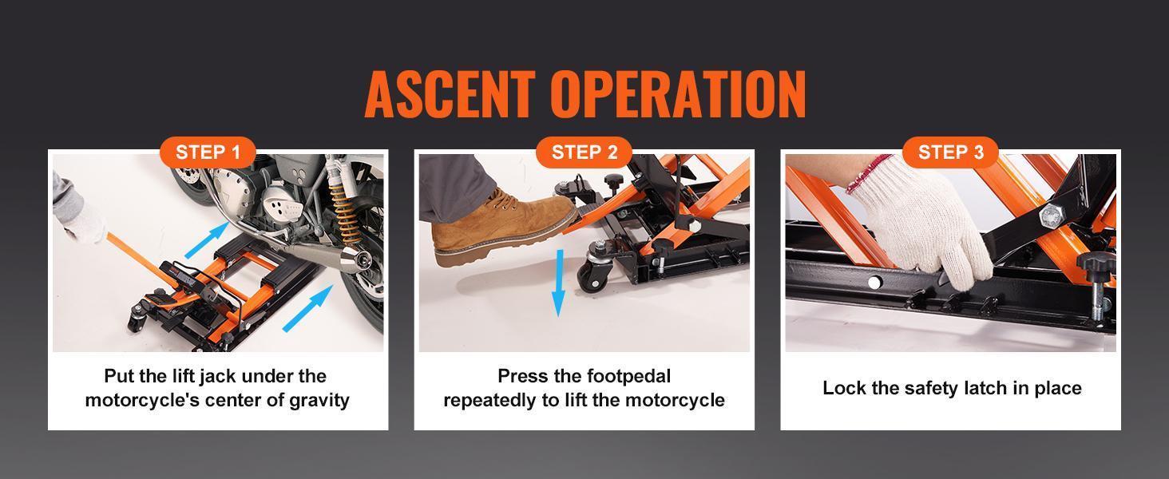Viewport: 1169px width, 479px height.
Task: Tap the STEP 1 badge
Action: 208,152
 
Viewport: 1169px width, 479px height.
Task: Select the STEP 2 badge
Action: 584,152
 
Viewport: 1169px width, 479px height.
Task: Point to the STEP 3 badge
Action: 950,152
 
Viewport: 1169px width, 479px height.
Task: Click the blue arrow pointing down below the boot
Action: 558,283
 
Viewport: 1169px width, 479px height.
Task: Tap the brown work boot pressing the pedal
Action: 495,228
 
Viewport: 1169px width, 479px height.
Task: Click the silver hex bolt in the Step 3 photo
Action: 1049,215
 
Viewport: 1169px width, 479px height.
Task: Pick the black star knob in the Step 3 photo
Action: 1093,264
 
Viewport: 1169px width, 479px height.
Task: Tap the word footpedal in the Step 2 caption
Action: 628,376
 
